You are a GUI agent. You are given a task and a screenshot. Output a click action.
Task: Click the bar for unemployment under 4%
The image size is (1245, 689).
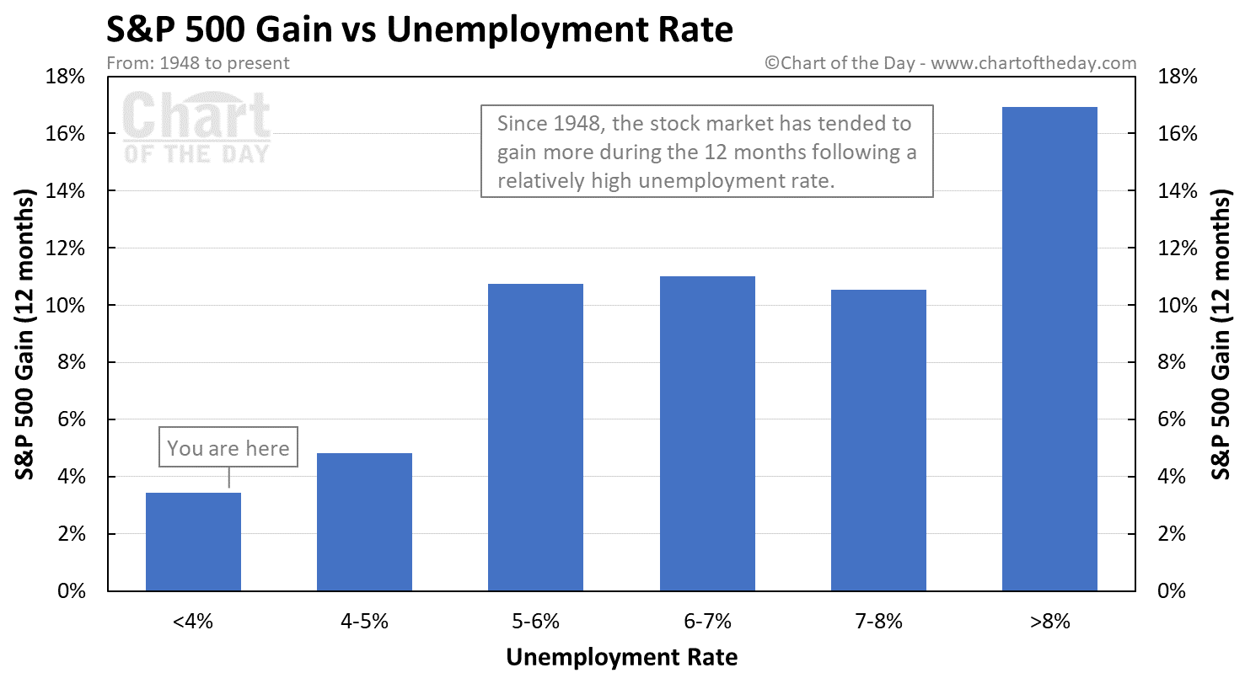tap(193, 542)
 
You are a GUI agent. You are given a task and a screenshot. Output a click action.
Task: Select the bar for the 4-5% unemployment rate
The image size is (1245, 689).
tap(364, 522)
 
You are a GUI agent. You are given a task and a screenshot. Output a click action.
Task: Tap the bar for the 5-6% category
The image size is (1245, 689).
tap(535, 437)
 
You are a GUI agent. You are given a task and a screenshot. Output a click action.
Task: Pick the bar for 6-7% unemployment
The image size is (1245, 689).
tap(707, 434)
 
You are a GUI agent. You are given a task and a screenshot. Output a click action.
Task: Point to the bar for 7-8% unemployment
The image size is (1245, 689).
tap(878, 440)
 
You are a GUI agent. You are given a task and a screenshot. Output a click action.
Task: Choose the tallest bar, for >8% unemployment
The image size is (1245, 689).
tap(1049, 349)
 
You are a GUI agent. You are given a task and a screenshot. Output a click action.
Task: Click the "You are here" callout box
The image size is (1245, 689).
tap(228, 447)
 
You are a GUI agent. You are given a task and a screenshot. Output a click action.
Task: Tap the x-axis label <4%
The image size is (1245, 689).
tap(193, 622)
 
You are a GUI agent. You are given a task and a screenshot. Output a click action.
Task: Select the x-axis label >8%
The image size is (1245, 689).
tap(1049, 622)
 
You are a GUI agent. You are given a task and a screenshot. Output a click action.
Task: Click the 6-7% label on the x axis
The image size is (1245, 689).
tap(707, 622)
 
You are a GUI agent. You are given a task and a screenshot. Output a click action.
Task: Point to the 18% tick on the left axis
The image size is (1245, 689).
tap(65, 77)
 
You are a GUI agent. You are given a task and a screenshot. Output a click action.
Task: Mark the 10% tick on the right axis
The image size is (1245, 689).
tap(1178, 306)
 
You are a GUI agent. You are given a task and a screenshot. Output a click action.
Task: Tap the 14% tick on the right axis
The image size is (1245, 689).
tap(1178, 191)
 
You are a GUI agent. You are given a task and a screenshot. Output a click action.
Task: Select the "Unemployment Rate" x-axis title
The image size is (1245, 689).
tap(621, 657)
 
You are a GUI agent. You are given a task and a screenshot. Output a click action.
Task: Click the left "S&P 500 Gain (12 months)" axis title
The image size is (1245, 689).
tap(25, 334)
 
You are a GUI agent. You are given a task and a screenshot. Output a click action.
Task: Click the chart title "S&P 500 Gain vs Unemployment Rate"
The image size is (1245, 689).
tap(420, 29)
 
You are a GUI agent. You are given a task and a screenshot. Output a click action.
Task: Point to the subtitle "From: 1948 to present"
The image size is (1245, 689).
tap(198, 63)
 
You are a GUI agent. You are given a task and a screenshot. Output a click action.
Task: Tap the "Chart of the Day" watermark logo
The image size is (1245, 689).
tap(196, 127)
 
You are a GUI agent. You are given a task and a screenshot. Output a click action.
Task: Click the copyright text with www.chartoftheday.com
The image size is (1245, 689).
tap(950, 63)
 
